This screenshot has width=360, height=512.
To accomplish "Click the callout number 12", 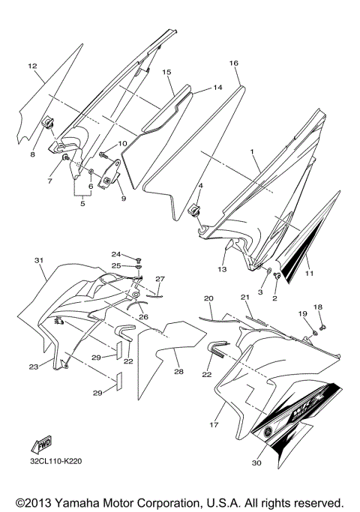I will tap(32, 67).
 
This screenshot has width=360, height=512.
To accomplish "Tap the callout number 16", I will tap(233, 64).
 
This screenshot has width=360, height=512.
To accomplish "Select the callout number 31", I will tap(39, 260).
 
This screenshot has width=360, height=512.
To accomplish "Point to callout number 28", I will tap(178, 372).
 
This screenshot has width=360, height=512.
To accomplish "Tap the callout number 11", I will tap(309, 274).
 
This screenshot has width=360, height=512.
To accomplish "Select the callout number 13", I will tap(222, 269).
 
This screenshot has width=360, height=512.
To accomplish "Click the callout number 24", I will tap(116, 254).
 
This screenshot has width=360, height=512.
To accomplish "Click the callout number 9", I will tap(124, 199).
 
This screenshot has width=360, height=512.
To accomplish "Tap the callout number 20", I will tap(208, 298).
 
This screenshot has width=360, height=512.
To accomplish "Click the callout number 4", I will tap(200, 184).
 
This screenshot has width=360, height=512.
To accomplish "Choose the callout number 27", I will tap(159, 279).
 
